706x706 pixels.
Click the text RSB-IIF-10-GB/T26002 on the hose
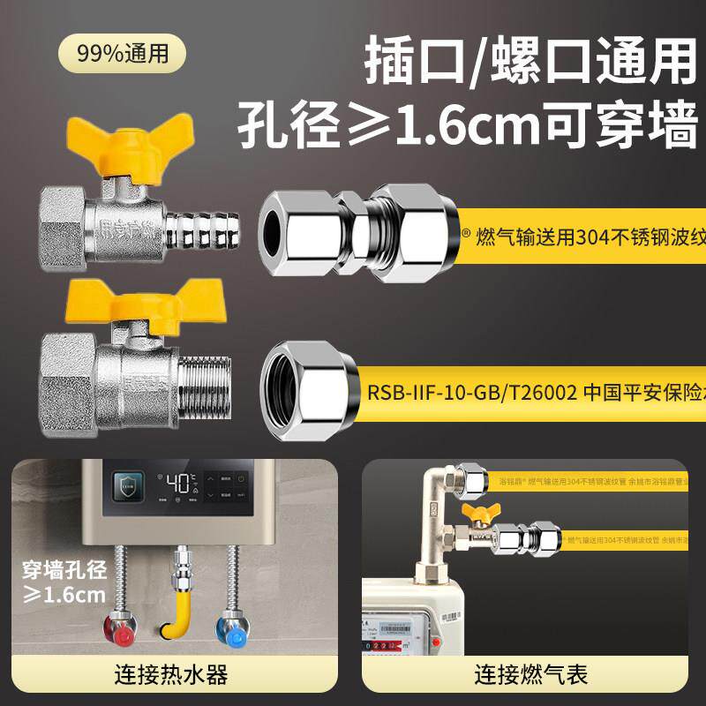click(471, 392)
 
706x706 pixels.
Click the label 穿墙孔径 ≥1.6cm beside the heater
click(64, 580)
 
